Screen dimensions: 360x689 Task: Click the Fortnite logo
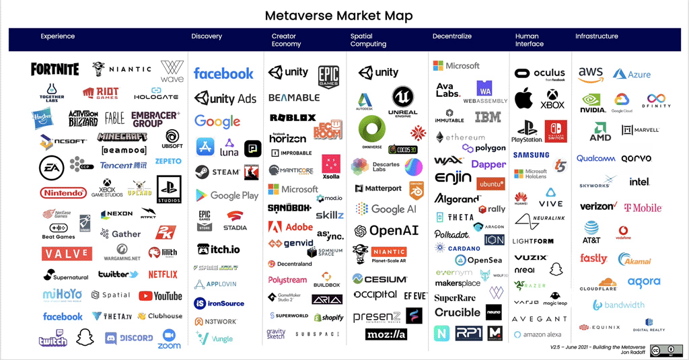(55, 69)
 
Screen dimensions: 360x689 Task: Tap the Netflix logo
(163, 274)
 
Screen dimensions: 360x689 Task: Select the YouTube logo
(160, 295)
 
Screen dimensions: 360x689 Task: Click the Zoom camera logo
(170, 338)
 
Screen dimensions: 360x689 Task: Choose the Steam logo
(217, 172)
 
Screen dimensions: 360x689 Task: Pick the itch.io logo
(218, 249)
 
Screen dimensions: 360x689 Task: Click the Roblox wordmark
(293, 118)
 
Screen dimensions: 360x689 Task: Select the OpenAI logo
(386, 231)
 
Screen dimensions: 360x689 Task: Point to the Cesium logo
(381, 279)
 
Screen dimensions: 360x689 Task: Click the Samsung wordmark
(531, 155)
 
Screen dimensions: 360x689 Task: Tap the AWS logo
(590, 73)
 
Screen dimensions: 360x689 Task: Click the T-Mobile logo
(643, 208)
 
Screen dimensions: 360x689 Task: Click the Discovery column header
(207, 36)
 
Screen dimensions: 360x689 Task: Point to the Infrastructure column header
(596, 36)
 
